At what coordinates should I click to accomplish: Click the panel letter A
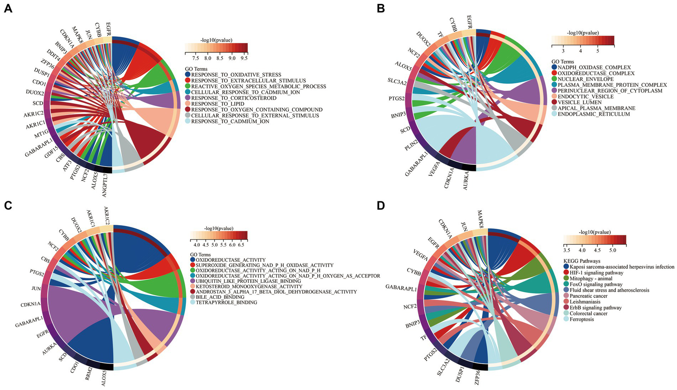point(7,9)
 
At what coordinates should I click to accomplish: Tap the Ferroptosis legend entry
point(582,319)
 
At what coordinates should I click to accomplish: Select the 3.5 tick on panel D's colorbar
point(568,250)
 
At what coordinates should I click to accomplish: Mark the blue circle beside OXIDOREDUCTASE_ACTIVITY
point(193,260)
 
